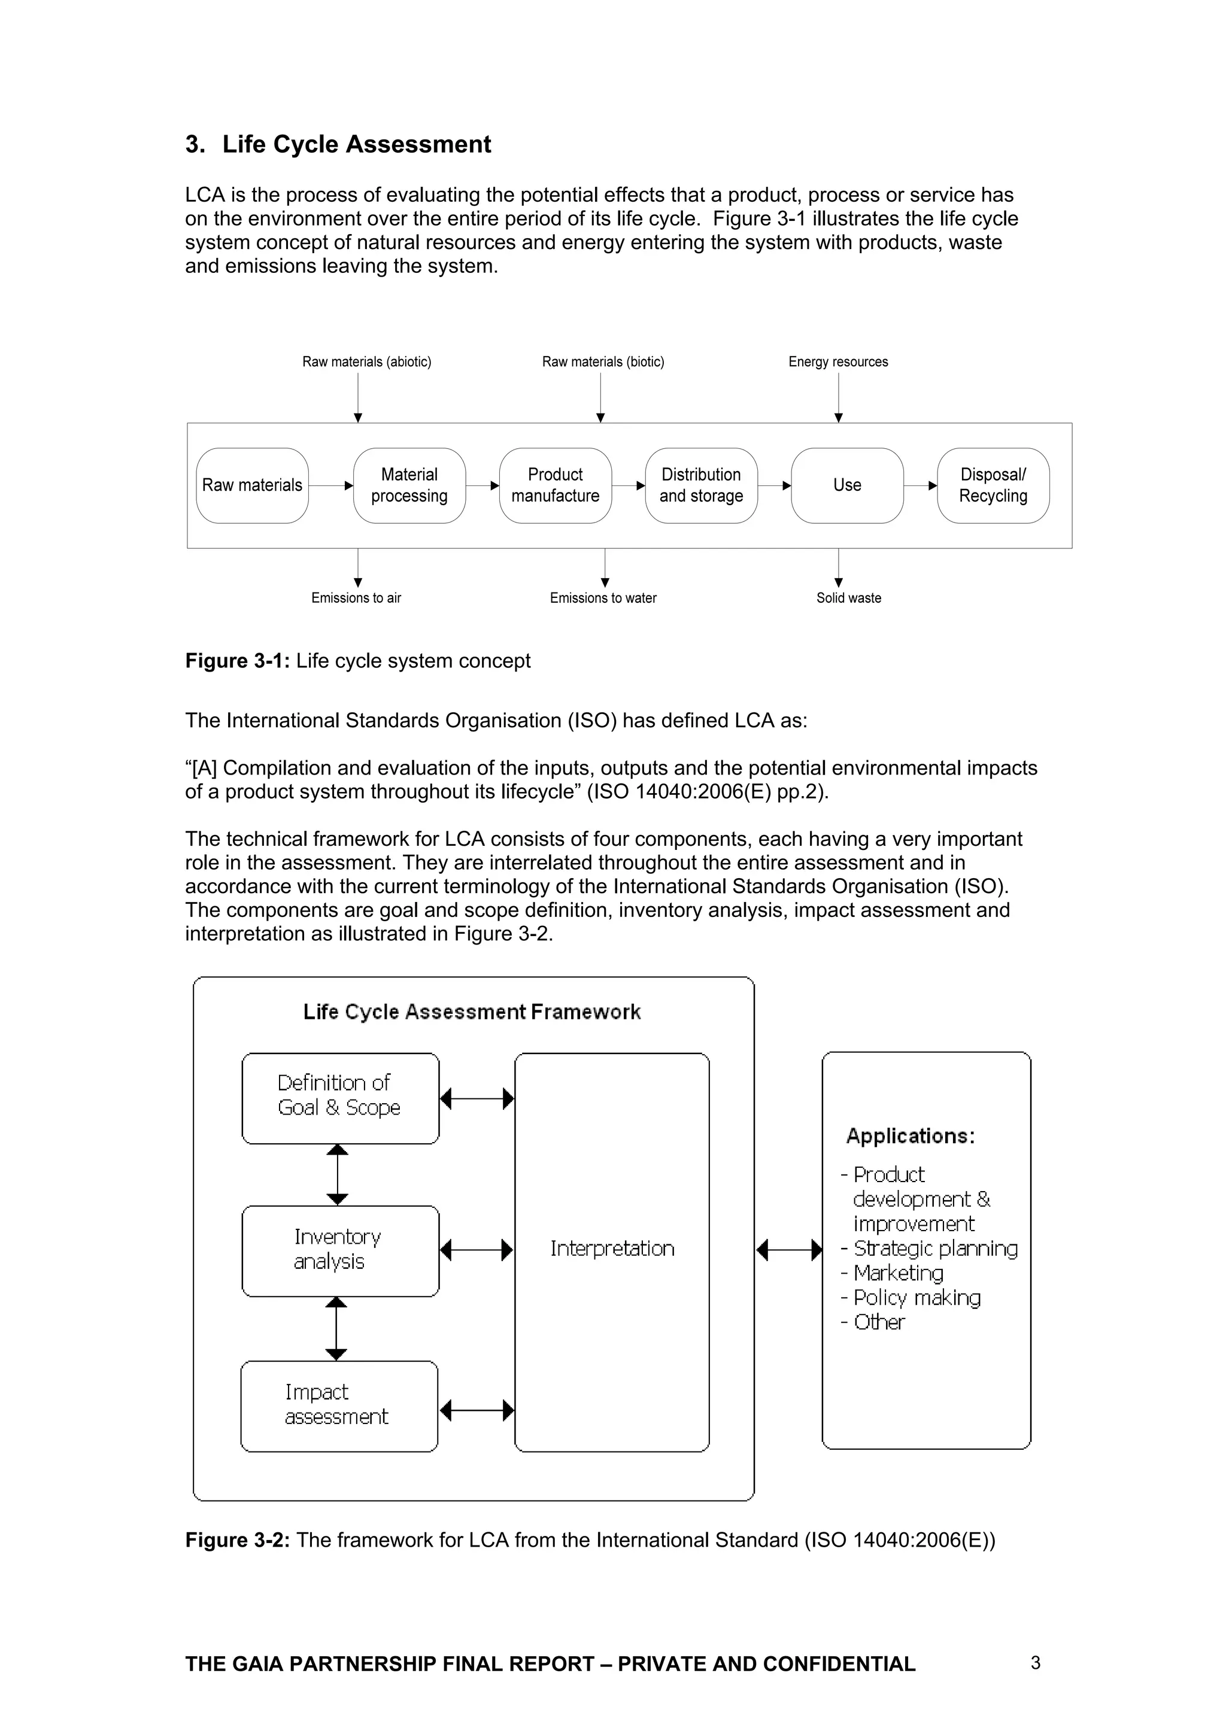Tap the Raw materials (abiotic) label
(x=366, y=362)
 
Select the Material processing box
(x=409, y=485)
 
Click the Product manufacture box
(x=555, y=485)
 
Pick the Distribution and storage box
(x=701, y=485)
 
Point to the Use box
(x=847, y=485)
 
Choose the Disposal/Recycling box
(x=993, y=485)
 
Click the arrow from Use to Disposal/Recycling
(x=920, y=485)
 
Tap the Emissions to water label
(x=603, y=598)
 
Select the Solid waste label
(x=848, y=598)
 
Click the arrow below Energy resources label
(x=839, y=397)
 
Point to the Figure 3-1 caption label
(x=357, y=661)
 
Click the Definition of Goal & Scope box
(x=340, y=1098)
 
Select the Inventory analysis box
(x=340, y=1250)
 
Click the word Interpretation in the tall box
(x=612, y=1249)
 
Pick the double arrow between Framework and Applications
(x=788, y=1250)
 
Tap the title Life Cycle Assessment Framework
(x=472, y=1012)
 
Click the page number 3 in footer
(x=1035, y=1662)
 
